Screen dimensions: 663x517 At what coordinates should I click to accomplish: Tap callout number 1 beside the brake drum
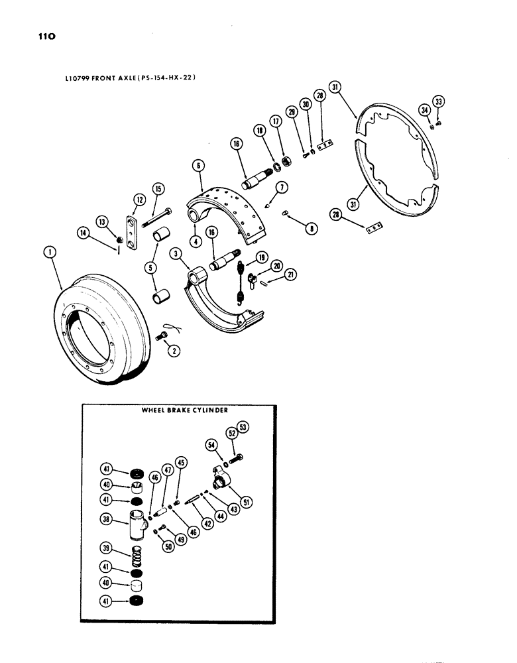pyautogui.click(x=52, y=251)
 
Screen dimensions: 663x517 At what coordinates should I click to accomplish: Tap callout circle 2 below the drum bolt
pyautogui.click(x=174, y=351)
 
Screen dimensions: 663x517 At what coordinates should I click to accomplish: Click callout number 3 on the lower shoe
pyautogui.click(x=176, y=253)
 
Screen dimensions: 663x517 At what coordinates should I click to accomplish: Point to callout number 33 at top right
pyautogui.click(x=438, y=101)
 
